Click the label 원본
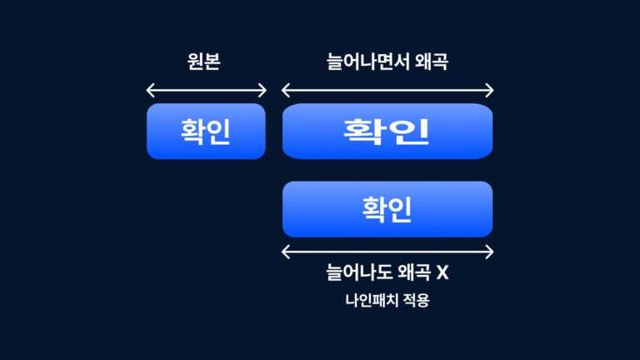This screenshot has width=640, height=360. (x=205, y=62)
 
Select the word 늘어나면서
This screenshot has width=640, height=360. (x=368, y=62)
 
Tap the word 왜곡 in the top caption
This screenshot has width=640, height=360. (x=432, y=62)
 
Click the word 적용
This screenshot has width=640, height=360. (x=417, y=301)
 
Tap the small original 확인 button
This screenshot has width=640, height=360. (x=206, y=131)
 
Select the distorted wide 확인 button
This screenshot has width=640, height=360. (x=387, y=131)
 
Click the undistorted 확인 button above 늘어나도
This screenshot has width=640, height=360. (x=387, y=209)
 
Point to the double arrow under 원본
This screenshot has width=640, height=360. (x=206, y=90)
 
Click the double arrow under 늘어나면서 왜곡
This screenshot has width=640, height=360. (x=387, y=90)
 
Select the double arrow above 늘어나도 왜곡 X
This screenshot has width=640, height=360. (x=387, y=252)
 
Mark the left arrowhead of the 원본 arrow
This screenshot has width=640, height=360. (x=149, y=90)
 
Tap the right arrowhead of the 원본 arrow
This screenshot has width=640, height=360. (x=263, y=90)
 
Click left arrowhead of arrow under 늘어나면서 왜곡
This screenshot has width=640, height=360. (x=286, y=90)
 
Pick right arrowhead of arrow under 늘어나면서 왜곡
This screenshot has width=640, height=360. (x=490, y=90)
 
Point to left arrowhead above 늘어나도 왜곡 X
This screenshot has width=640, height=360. (x=286, y=252)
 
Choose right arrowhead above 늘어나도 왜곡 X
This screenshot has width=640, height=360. (x=490, y=252)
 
